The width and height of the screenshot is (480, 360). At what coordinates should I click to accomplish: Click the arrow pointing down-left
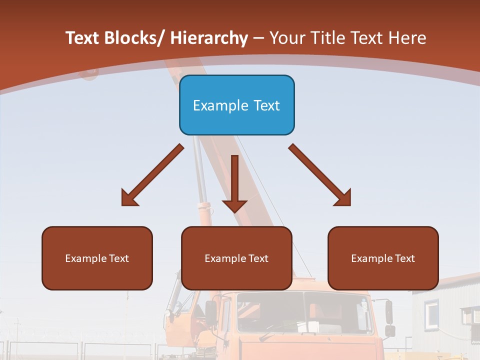click(x=152, y=175)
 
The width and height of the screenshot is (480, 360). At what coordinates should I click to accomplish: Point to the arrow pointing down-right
click(x=320, y=175)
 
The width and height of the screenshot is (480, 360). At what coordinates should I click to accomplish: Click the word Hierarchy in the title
click(x=208, y=38)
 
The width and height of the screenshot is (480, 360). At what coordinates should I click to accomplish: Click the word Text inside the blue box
click(x=264, y=105)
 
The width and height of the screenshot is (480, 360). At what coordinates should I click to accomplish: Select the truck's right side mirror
click(x=389, y=312)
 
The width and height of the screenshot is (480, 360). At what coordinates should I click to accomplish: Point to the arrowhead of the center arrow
click(x=234, y=205)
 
